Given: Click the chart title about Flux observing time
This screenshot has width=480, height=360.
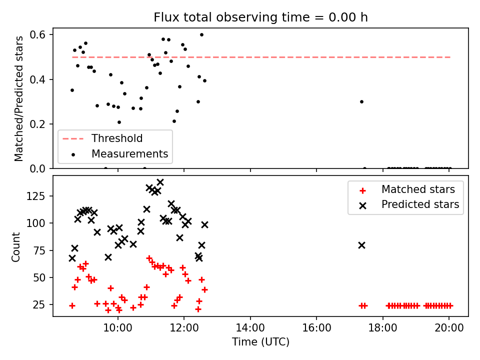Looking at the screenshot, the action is (x=260, y=17).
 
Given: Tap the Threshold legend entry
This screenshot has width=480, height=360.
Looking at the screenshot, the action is (x=102, y=138).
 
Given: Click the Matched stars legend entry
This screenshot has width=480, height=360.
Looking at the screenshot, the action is (x=407, y=189).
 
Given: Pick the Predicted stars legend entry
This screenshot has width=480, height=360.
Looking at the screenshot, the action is (x=409, y=204).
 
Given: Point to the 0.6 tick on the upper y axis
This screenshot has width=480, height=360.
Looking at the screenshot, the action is (x=37, y=35).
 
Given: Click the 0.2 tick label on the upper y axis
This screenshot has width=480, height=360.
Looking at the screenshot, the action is (x=37, y=124).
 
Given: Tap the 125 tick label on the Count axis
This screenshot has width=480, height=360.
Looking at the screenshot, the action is (x=36, y=196).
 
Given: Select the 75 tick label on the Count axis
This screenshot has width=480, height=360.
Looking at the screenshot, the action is (x=39, y=250).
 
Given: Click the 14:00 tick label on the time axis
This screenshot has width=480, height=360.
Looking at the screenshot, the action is (x=250, y=328).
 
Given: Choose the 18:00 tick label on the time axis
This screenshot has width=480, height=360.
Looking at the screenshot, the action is (x=382, y=328).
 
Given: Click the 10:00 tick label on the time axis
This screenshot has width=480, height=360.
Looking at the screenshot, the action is (x=118, y=328).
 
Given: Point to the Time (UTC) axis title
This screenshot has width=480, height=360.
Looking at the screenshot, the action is (x=260, y=342).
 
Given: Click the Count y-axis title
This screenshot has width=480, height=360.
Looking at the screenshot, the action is (x=15, y=247).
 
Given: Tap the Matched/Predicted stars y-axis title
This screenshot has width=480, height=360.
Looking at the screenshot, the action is (x=18, y=98).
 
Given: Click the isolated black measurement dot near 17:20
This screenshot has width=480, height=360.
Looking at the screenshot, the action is (x=361, y=101).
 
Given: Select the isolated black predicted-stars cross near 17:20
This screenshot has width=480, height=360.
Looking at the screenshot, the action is (x=361, y=245).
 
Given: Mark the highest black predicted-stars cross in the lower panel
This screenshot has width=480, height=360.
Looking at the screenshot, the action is (x=160, y=182).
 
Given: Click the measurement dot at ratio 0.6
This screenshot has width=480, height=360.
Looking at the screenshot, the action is (x=201, y=35).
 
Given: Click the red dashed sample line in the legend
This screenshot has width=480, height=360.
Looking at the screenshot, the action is (x=73, y=138).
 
